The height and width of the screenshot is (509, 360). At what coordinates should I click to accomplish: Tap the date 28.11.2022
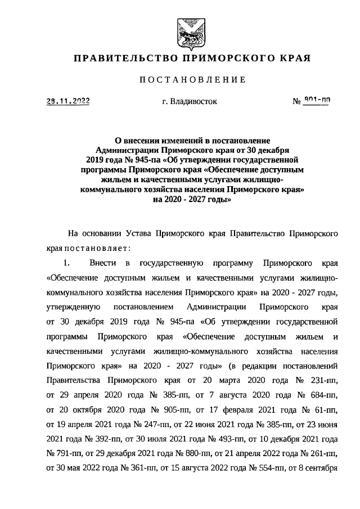(67, 102)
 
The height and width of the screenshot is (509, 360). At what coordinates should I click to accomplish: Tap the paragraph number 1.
(66, 262)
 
